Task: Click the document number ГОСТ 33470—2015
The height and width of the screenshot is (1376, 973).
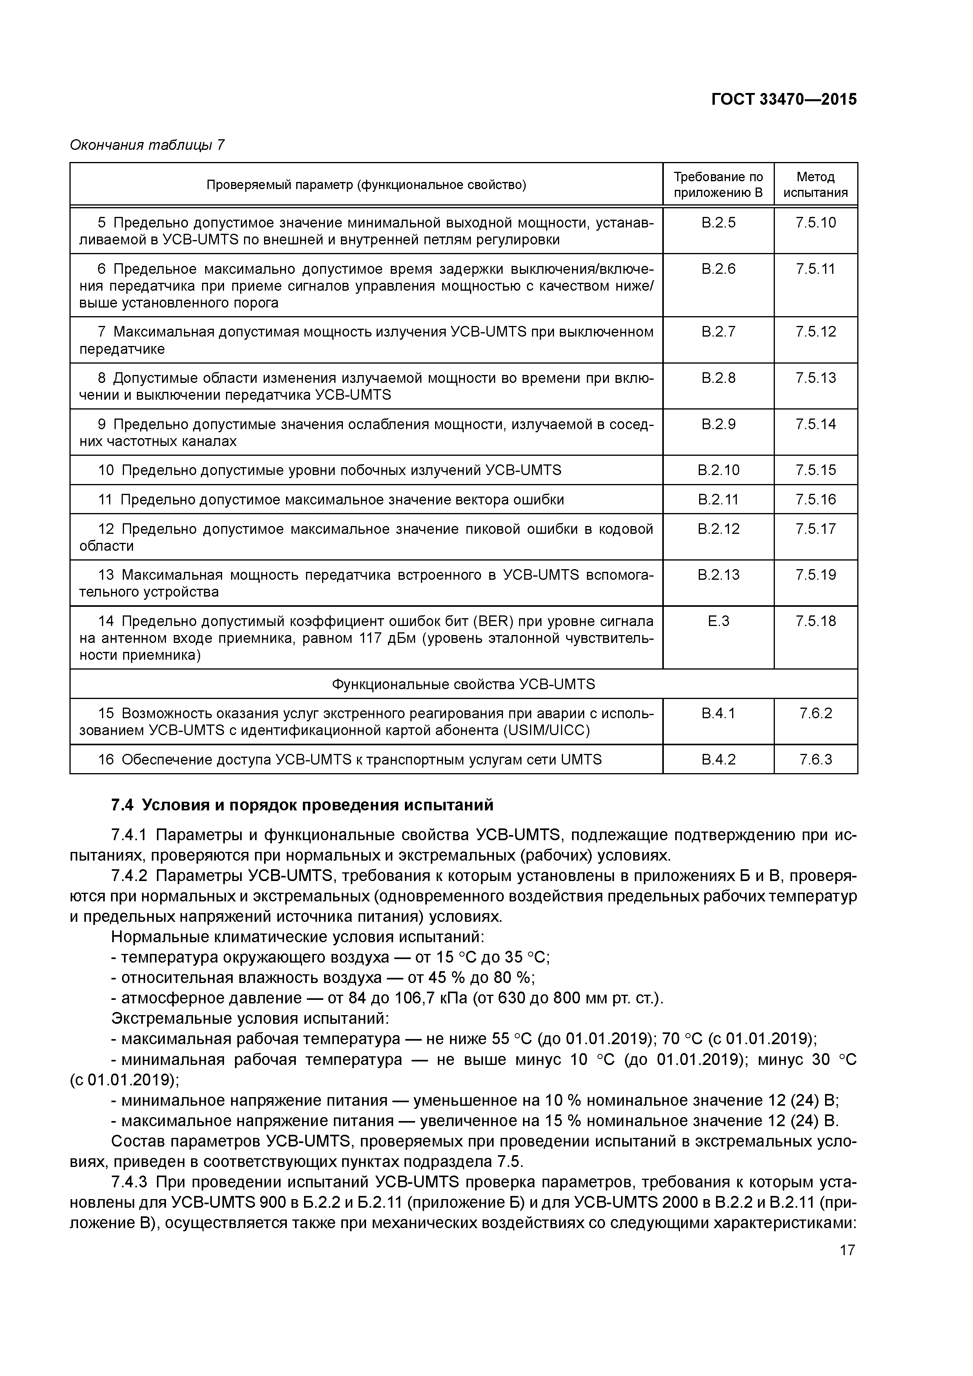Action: [x=784, y=100]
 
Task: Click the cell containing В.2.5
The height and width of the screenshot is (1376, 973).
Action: [x=718, y=223]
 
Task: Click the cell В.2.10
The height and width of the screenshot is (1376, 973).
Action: [x=718, y=470]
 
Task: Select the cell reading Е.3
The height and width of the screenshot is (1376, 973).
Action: [x=718, y=621]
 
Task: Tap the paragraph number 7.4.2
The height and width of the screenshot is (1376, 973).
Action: [x=129, y=876]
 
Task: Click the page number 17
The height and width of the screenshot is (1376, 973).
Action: [x=847, y=1250]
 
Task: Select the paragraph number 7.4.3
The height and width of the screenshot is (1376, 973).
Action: [x=129, y=1182]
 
